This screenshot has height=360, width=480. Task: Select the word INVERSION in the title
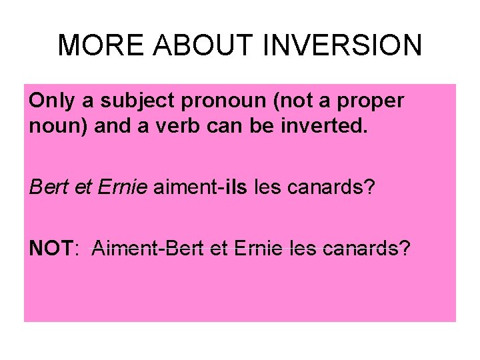[344, 45]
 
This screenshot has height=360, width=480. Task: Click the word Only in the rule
[49, 101]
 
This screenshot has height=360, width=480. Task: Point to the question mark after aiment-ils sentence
[371, 187]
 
